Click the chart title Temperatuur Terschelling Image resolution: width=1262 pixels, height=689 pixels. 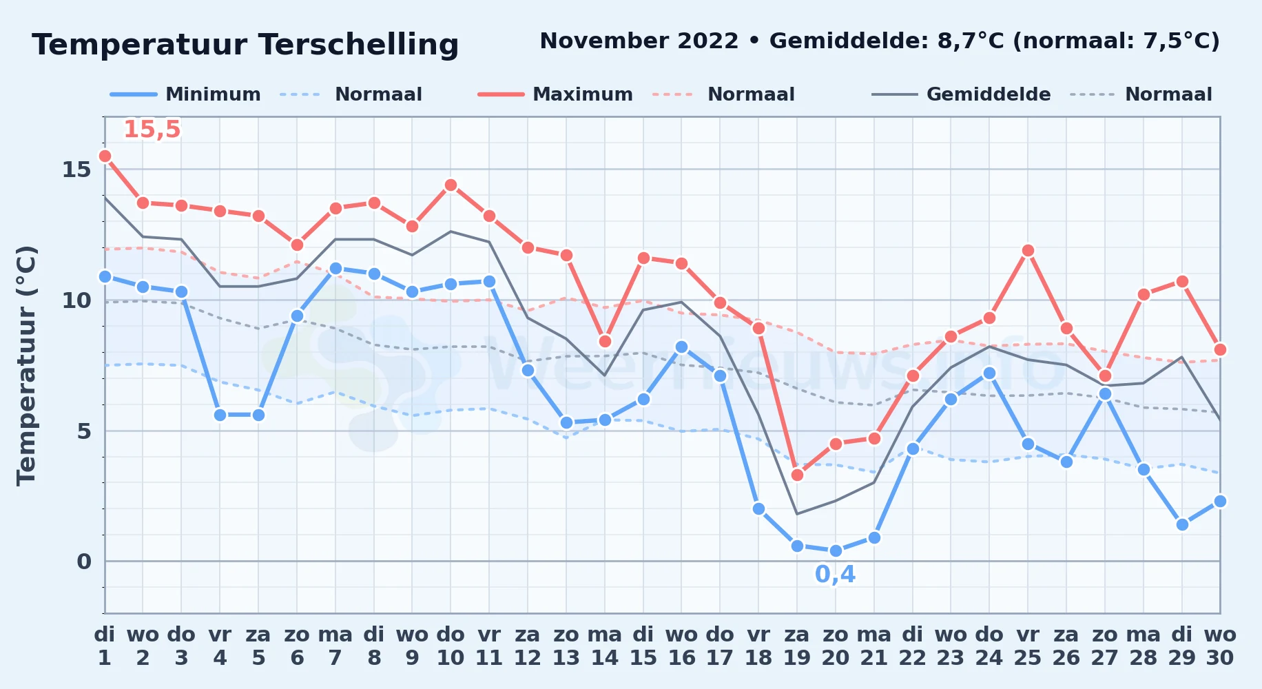coord(245,45)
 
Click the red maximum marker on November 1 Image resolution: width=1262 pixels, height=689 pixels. coord(105,156)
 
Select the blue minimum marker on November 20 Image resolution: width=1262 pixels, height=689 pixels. coord(836,551)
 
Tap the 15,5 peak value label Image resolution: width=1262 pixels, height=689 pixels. coord(152,130)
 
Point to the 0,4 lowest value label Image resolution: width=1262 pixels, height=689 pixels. coord(835,575)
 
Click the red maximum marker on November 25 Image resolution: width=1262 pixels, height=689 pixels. coord(1028,250)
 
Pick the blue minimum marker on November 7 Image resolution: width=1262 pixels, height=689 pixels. coord(335,268)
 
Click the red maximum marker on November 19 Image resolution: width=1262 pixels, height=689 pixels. coord(797,475)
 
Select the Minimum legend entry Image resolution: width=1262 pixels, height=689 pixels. coord(185,94)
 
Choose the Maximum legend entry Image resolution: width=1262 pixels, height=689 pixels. coord(555,94)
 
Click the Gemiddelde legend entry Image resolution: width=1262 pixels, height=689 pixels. coord(962,94)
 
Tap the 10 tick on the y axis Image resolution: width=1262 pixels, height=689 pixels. coord(76,300)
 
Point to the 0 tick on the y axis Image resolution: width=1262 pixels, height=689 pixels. coord(84,562)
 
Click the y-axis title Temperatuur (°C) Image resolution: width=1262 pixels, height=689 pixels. coord(26,365)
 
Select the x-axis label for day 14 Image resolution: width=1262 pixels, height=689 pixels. coord(605,646)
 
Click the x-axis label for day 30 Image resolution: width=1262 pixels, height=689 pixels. coord(1220,646)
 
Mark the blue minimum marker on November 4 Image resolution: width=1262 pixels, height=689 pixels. coord(220,415)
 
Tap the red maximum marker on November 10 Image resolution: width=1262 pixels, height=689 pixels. coord(451,185)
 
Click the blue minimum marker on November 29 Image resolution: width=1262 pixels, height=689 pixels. coord(1182,524)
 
